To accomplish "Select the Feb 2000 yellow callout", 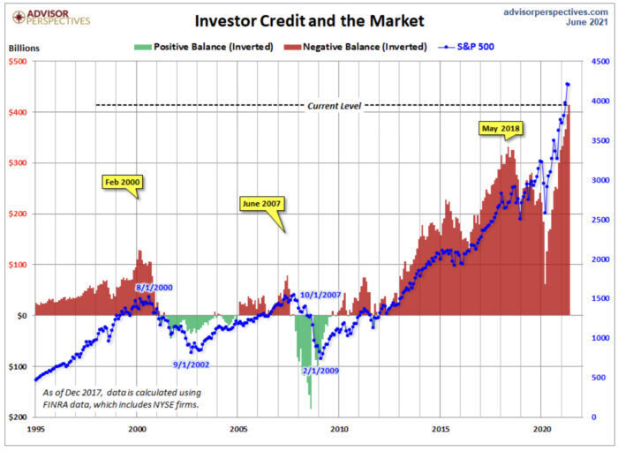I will click(x=123, y=182).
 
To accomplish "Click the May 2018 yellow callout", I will click(x=501, y=129).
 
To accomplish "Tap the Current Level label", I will click(x=335, y=106).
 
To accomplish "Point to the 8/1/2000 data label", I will click(x=155, y=288).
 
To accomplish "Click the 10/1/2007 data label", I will click(x=320, y=295).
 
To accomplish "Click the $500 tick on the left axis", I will click(x=18, y=62).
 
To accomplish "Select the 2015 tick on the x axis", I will click(x=441, y=428).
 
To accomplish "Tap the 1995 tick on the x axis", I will click(x=35, y=428).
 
